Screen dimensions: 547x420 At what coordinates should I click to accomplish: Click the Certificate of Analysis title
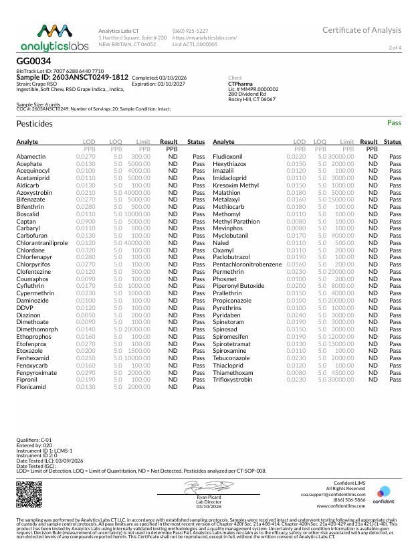coord(362,30)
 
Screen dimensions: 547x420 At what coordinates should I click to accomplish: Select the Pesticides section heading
coord(34,124)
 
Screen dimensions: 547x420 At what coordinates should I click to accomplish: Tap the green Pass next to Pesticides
coord(394,124)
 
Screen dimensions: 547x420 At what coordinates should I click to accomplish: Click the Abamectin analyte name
coord(31,156)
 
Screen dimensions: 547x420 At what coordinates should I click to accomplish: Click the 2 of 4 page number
coord(395,48)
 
